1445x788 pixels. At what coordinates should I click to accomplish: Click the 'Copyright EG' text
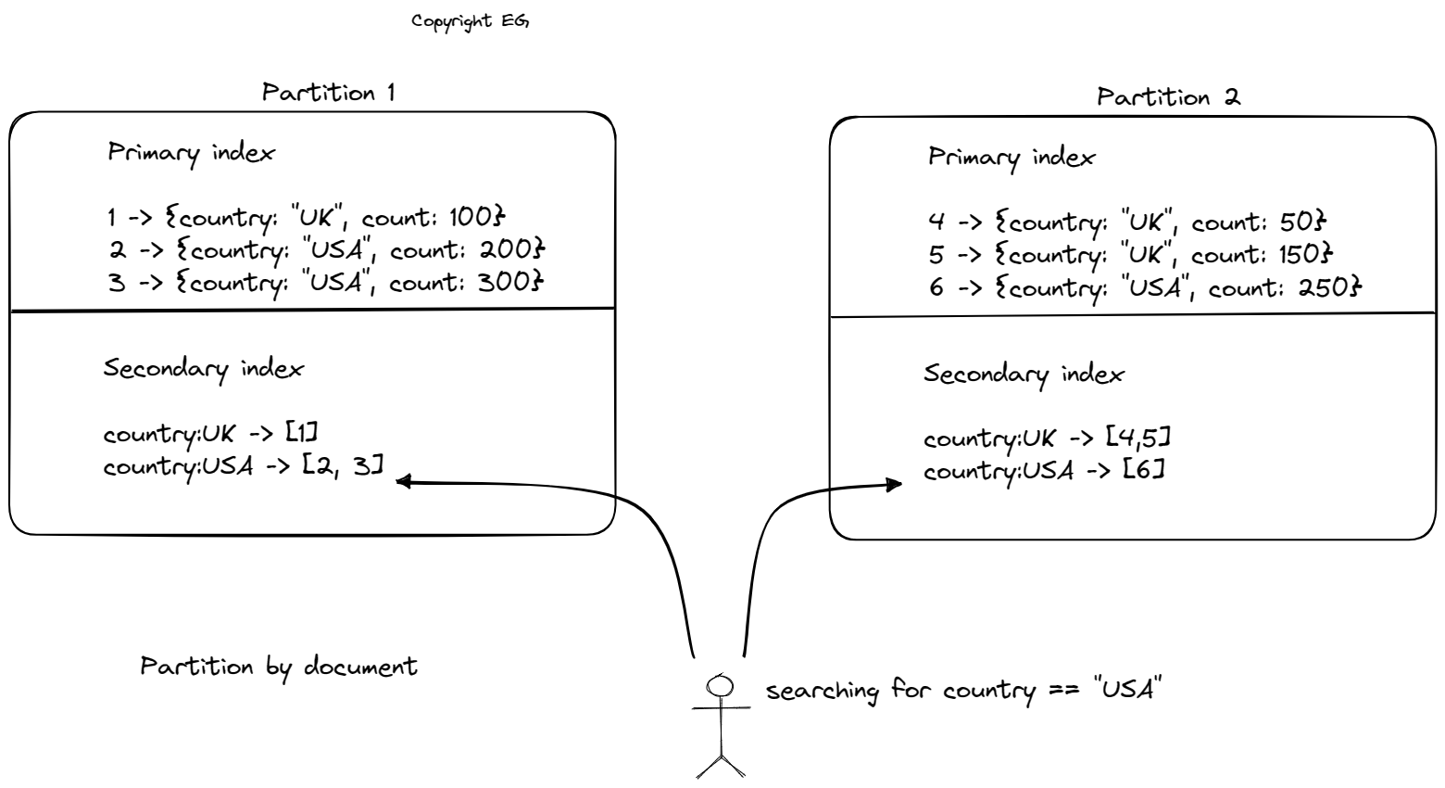(x=470, y=20)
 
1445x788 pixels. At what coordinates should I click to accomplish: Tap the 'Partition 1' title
(x=328, y=93)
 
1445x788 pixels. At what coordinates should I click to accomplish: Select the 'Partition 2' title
(x=1167, y=97)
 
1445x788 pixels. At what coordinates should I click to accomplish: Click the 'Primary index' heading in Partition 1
(x=191, y=153)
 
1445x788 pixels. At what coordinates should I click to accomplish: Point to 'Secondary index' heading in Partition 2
(x=1024, y=375)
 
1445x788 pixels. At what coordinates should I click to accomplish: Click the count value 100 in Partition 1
(x=473, y=218)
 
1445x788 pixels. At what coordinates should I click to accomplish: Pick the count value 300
(x=508, y=282)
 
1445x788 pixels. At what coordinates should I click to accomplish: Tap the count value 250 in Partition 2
(x=1327, y=287)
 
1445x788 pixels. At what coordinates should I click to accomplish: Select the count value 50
(x=1299, y=222)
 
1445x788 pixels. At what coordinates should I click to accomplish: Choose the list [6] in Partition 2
(x=1143, y=470)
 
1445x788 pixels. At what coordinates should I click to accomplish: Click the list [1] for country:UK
(x=302, y=433)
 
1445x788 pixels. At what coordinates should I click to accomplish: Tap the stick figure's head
(x=720, y=686)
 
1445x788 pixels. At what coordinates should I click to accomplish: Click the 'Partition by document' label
(x=279, y=667)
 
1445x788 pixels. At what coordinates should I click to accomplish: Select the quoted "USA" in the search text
(x=1127, y=691)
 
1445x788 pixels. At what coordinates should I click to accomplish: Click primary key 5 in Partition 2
(x=936, y=255)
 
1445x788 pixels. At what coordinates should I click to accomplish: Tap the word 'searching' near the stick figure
(x=822, y=692)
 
